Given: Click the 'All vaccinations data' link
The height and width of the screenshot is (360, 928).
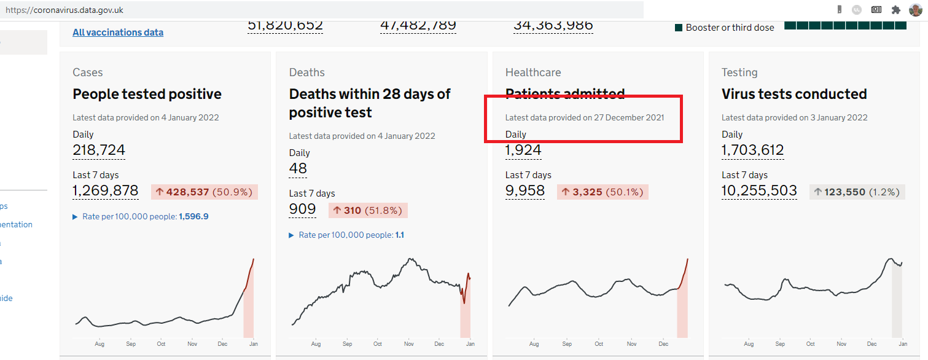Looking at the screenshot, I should pyautogui.click(x=118, y=33).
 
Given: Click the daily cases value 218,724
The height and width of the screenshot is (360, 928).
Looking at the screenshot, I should pyautogui.click(x=99, y=151).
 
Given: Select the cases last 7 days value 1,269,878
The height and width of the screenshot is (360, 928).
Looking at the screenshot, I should pyautogui.click(x=106, y=191).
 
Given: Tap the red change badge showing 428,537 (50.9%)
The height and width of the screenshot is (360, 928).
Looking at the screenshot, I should pyautogui.click(x=205, y=192).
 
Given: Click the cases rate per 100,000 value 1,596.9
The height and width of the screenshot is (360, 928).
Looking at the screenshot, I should pyautogui.click(x=193, y=217).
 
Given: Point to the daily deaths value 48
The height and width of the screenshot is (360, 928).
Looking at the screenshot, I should pyautogui.click(x=298, y=169).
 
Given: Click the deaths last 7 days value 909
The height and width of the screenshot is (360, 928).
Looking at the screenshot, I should pyautogui.click(x=302, y=209).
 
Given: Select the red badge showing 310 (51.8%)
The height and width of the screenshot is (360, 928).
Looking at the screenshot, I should pyautogui.click(x=368, y=211).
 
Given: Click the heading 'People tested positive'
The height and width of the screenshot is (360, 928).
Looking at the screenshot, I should pyautogui.click(x=147, y=94).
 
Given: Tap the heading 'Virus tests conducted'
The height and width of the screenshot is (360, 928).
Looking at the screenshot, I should pyautogui.click(x=794, y=94).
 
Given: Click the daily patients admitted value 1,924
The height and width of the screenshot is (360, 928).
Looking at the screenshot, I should pyautogui.click(x=523, y=151).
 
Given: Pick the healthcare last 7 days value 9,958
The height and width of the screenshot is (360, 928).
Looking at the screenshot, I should pyautogui.click(x=525, y=191).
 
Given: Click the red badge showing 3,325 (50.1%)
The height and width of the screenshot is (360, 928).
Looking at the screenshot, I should pyautogui.click(x=602, y=192).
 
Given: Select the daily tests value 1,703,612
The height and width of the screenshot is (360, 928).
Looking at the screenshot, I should pyautogui.click(x=752, y=151).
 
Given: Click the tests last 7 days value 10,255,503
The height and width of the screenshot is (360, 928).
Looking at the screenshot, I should pyautogui.click(x=759, y=191).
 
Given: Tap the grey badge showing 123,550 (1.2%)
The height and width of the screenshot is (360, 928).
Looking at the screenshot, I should pyautogui.click(x=857, y=192).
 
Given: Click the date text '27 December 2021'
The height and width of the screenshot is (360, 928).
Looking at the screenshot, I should pyautogui.click(x=629, y=117).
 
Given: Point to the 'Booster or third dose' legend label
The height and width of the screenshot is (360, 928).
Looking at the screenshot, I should pyautogui.click(x=730, y=28).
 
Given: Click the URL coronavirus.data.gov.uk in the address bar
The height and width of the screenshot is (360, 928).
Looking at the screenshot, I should pyautogui.click(x=64, y=10).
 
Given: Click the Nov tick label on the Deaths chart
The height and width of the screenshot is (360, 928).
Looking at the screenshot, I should pyautogui.click(x=409, y=344).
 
